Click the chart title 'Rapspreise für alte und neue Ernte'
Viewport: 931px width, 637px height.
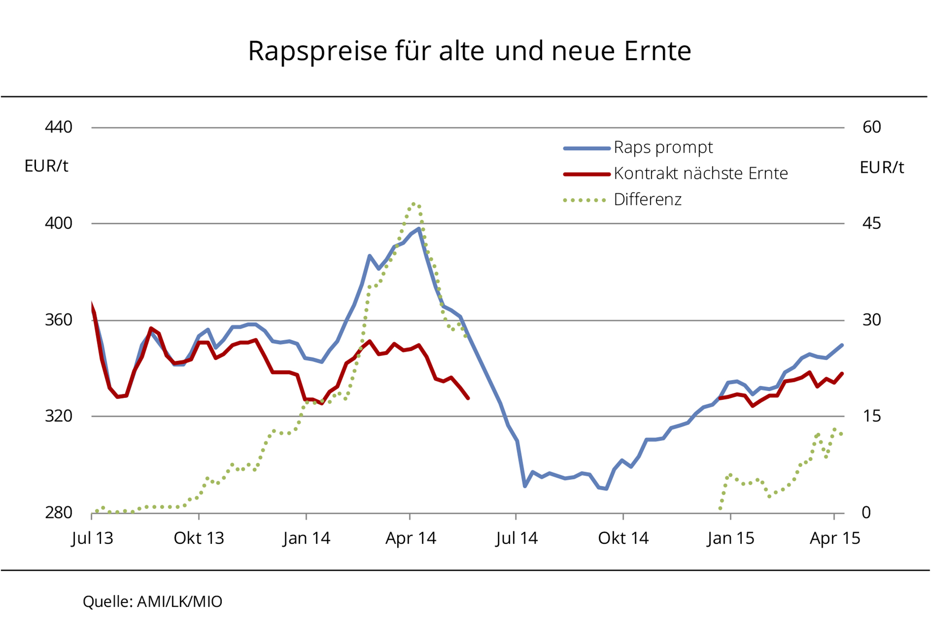(x=469, y=50)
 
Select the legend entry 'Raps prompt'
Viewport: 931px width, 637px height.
(x=663, y=147)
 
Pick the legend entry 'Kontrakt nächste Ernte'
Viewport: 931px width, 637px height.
(x=700, y=173)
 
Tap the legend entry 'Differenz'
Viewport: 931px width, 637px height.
(x=647, y=200)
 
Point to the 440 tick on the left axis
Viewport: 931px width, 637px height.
(x=59, y=127)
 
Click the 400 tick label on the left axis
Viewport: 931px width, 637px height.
(x=59, y=223)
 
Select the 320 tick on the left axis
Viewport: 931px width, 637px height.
(x=59, y=416)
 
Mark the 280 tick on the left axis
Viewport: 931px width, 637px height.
(x=59, y=512)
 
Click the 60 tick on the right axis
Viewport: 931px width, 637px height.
(x=871, y=127)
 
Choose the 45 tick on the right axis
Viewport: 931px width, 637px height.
(x=871, y=223)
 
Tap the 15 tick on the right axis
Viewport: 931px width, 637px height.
(x=871, y=416)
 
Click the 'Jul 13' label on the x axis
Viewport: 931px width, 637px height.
(x=92, y=538)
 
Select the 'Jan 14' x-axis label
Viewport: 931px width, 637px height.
(x=306, y=538)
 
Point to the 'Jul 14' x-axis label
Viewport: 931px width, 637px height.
(x=517, y=538)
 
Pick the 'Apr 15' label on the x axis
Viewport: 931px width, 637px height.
(x=835, y=538)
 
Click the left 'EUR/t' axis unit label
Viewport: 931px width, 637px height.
(x=46, y=166)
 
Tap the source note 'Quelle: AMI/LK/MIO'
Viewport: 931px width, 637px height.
(x=153, y=602)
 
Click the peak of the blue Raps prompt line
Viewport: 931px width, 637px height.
(x=419, y=229)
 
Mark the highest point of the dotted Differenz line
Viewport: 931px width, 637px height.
(x=413, y=204)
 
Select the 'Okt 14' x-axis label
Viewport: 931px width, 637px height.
(x=623, y=538)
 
